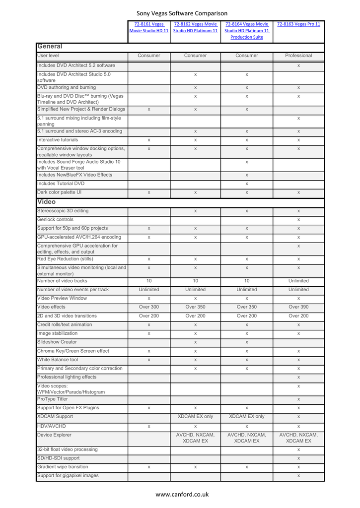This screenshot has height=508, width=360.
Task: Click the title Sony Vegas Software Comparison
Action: [182, 13]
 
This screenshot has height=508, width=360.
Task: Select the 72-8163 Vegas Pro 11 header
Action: [298, 24]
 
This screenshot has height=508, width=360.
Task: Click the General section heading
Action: [49, 47]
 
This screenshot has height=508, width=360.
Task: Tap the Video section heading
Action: [47, 202]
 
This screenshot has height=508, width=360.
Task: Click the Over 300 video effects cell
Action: [149, 307]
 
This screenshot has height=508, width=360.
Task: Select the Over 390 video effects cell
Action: [298, 307]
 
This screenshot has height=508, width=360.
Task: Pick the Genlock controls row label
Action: [56, 219]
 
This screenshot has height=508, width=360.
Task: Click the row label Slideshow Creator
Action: [58, 342]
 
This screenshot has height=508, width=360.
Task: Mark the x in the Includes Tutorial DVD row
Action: [247, 184]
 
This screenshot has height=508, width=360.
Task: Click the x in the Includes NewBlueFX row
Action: [247, 175]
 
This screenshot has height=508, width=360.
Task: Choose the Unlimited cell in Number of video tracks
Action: [298, 281]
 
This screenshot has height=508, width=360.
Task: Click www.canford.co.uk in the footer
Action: [182, 494]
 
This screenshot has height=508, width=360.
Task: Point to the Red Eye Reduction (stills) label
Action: [65, 258]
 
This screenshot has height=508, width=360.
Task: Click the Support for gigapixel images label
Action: [68, 476]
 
